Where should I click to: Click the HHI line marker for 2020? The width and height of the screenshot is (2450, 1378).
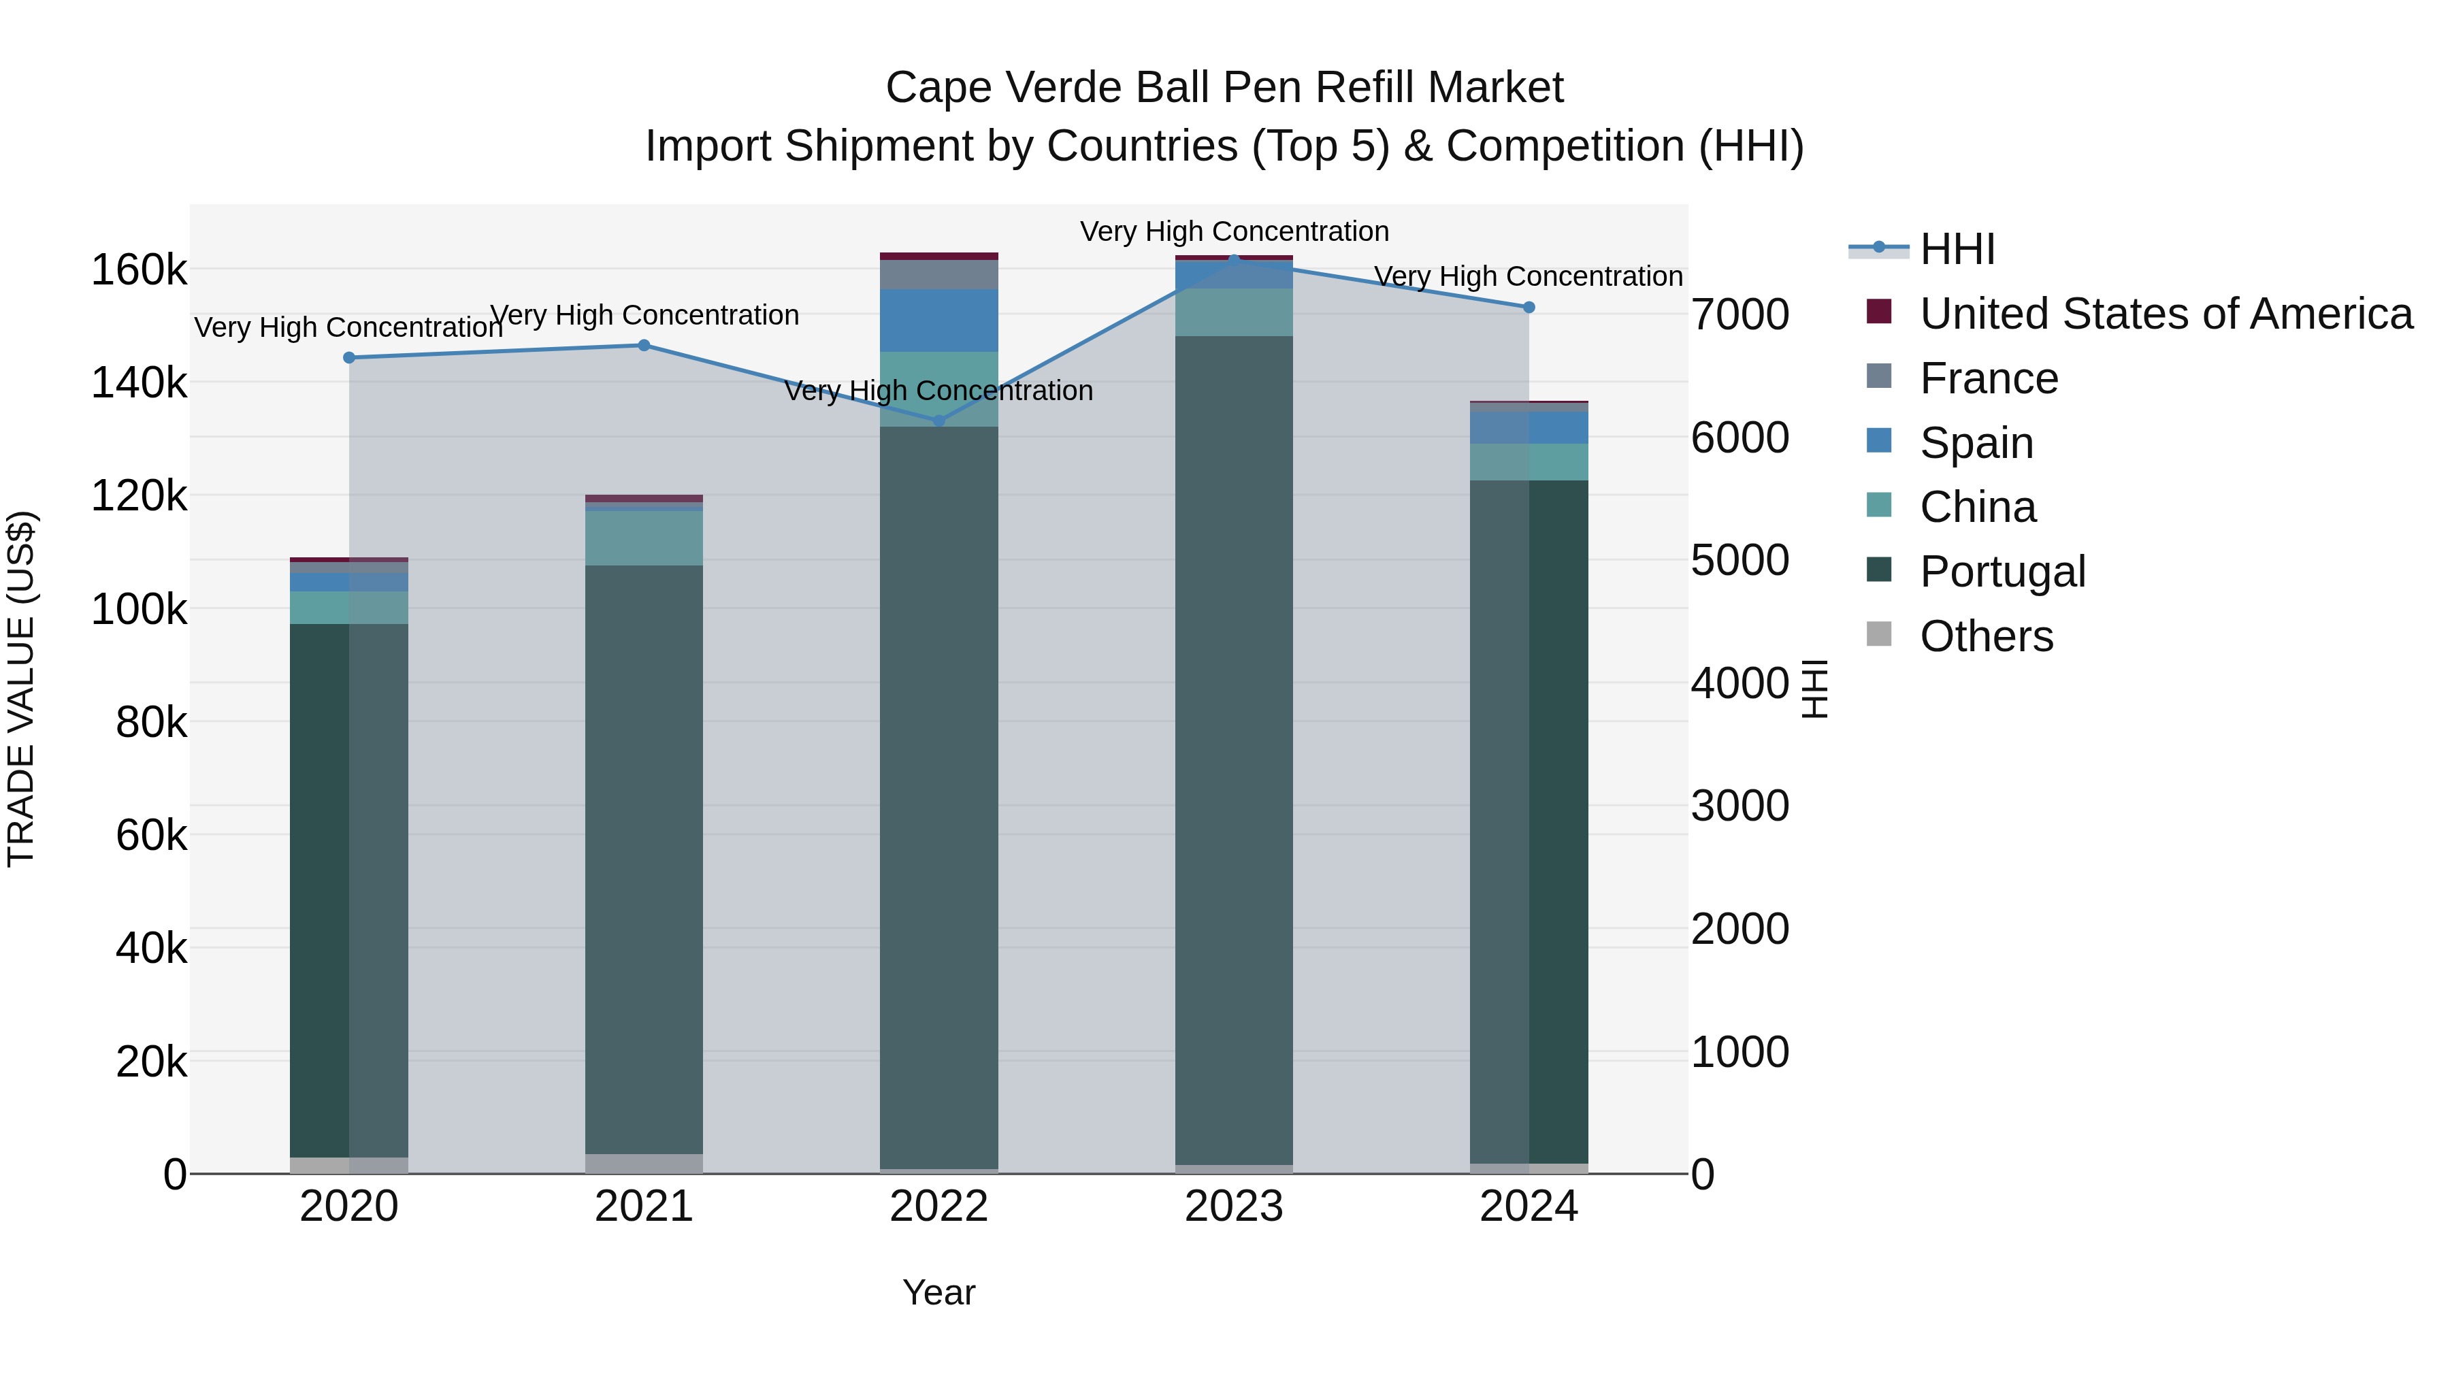(x=349, y=357)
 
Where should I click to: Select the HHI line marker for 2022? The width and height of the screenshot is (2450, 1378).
(x=938, y=421)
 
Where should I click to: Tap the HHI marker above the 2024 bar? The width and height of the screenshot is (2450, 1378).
(x=1529, y=307)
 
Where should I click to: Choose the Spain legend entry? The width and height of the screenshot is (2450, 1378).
(x=1976, y=443)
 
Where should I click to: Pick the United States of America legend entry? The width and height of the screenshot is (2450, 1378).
(x=2165, y=314)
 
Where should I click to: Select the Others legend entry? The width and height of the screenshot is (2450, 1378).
(x=1986, y=636)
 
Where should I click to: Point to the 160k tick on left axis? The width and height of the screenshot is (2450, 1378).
(x=138, y=270)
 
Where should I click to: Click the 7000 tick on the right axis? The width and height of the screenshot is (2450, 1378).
(x=1739, y=315)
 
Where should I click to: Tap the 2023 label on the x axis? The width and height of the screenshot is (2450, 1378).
(x=1234, y=1207)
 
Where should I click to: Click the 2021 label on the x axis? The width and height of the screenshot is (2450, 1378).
(x=644, y=1207)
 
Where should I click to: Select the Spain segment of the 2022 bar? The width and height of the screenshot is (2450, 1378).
(x=938, y=321)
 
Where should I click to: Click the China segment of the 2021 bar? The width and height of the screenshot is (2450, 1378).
(x=644, y=538)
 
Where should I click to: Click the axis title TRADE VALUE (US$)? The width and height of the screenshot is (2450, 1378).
(x=21, y=689)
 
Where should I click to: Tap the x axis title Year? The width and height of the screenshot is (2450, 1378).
(x=938, y=1292)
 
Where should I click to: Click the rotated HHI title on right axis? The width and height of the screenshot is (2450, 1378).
(x=1814, y=689)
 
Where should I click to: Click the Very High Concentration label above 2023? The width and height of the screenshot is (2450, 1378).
(x=1234, y=231)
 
